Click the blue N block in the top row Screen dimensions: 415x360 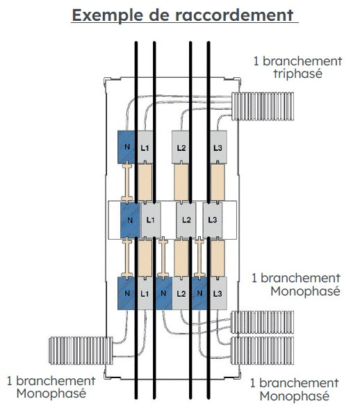pos(126,147)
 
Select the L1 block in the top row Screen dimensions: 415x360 pos(145,147)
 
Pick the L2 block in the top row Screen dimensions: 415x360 pos(181,147)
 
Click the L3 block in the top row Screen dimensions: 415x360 pos(218,147)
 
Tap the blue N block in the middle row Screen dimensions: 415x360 pos(130,220)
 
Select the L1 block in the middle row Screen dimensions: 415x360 pos(150,220)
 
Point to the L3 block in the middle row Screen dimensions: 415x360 pos(213,220)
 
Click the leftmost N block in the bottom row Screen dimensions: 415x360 pos(126,293)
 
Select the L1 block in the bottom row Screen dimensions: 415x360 pos(145,293)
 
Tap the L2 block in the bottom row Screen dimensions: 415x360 pos(181,293)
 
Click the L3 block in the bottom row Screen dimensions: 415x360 pos(218,293)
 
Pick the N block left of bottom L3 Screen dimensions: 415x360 pos(199,293)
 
